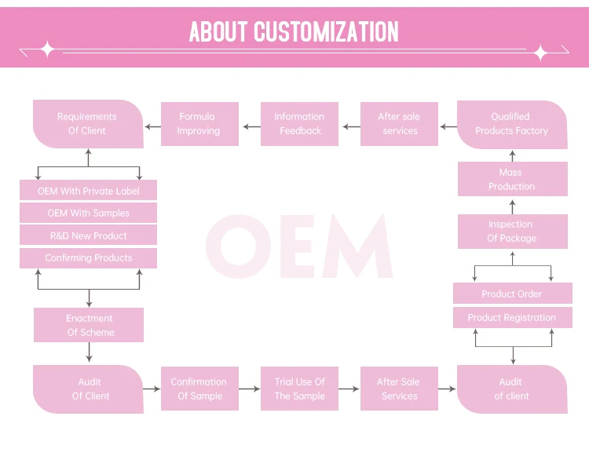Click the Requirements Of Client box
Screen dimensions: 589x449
point(88,124)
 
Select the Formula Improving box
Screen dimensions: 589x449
point(199,124)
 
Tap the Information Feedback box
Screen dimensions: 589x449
point(299,124)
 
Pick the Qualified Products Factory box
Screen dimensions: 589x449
point(512,124)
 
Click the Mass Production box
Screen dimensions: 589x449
point(513,179)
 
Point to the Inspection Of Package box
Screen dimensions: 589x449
point(513,232)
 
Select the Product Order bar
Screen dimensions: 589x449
point(513,294)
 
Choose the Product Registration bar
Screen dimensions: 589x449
point(513,318)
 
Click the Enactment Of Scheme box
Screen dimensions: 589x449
point(89,325)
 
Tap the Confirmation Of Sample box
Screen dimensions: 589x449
point(199,389)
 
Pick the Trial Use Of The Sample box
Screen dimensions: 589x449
point(299,389)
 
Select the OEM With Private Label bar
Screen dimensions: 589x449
point(88,190)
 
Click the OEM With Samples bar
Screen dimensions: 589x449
point(88,213)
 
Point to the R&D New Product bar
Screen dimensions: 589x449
point(88,235)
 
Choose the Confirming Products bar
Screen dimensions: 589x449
point(88,258)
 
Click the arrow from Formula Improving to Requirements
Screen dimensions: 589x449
point(153,127)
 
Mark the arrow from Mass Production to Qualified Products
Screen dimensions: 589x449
point(512,155)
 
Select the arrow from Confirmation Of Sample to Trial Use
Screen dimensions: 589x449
point(250,389)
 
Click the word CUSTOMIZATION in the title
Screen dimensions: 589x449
point(326,31)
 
